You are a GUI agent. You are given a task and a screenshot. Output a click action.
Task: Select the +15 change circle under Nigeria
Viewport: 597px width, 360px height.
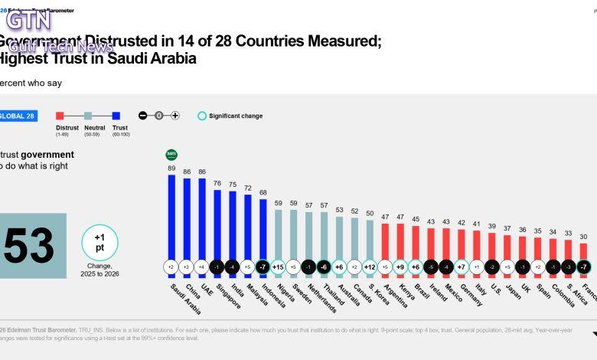tap(278, 267)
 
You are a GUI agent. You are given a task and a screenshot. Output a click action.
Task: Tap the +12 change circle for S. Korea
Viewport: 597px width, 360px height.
tap(369, 267)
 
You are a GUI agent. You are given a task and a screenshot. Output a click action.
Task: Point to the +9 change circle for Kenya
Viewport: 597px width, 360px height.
tap(400, 267)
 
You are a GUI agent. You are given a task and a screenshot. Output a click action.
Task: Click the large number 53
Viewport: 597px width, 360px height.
tap(28, 246)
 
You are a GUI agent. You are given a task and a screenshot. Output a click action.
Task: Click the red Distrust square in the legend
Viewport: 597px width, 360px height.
tap(60, 116)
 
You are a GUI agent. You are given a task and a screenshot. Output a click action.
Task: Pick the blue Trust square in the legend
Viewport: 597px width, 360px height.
tap(116, 116)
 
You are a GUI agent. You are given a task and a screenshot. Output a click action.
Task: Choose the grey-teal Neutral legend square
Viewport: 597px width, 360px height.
tap(88, 116)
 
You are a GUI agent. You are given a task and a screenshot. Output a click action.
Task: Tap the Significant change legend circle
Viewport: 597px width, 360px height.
tap(202, 116)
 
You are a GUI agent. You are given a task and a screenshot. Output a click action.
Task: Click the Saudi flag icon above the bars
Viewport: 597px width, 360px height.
tap(171, 155)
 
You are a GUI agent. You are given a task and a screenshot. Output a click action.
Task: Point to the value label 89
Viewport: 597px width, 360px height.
tap(171, 168)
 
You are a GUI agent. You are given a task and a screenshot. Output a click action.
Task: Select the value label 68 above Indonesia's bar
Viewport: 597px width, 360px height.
tap(263, 192)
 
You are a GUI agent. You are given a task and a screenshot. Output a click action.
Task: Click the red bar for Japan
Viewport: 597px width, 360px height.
tap(506, 247)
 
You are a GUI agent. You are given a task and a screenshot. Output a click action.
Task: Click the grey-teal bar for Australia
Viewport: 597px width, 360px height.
tap(338, 237)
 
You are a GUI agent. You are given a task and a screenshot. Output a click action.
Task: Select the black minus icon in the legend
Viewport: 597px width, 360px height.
tap(142, 116)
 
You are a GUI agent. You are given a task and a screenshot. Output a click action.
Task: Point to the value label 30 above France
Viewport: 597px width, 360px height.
tap(583, 237)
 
